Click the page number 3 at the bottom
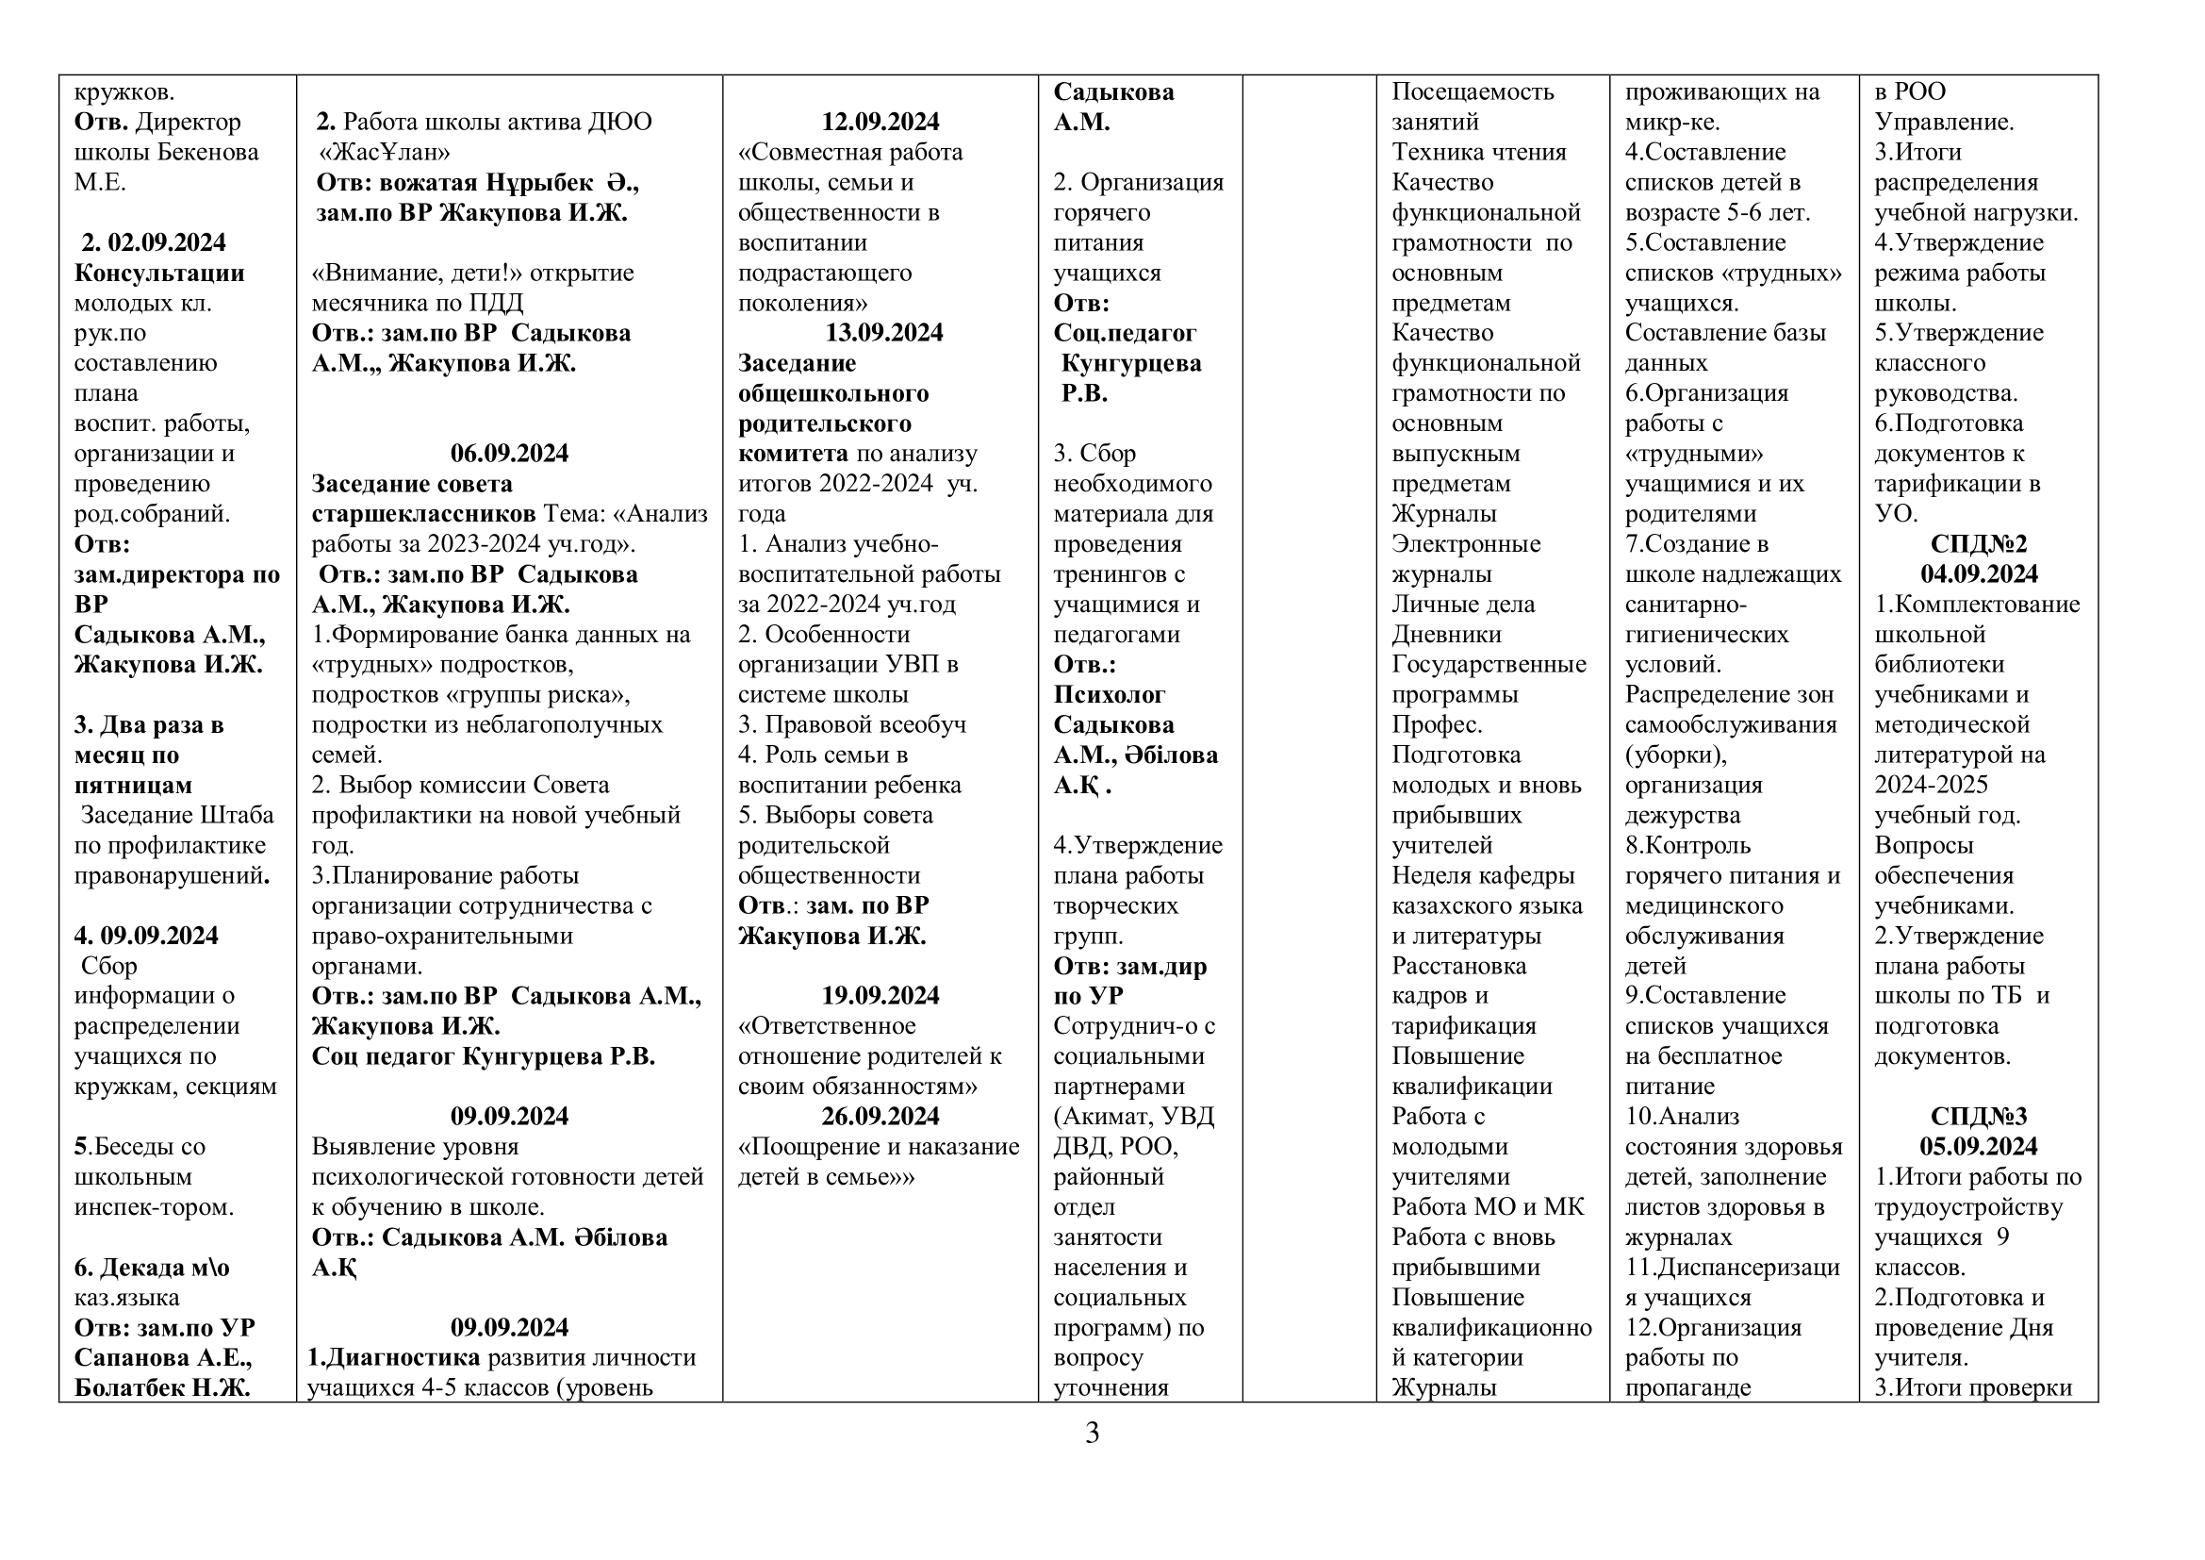click(x=1092, y=1434)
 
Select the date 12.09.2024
click(x=880, y=122)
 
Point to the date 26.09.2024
click(x=880, y=1116)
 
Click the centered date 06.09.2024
click(x=509, y=454)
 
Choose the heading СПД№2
click(x=1979, y=544)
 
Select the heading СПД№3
click(x=1979, y=1116)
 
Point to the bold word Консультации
click(x=159, y=273)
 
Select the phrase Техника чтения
click(x=1479, y=152)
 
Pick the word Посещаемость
click(x=1473, y=91)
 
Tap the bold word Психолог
click(x=1110, y=694)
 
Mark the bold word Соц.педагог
click(x=1125, y=333)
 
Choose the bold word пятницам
click(x=134, y=785)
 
